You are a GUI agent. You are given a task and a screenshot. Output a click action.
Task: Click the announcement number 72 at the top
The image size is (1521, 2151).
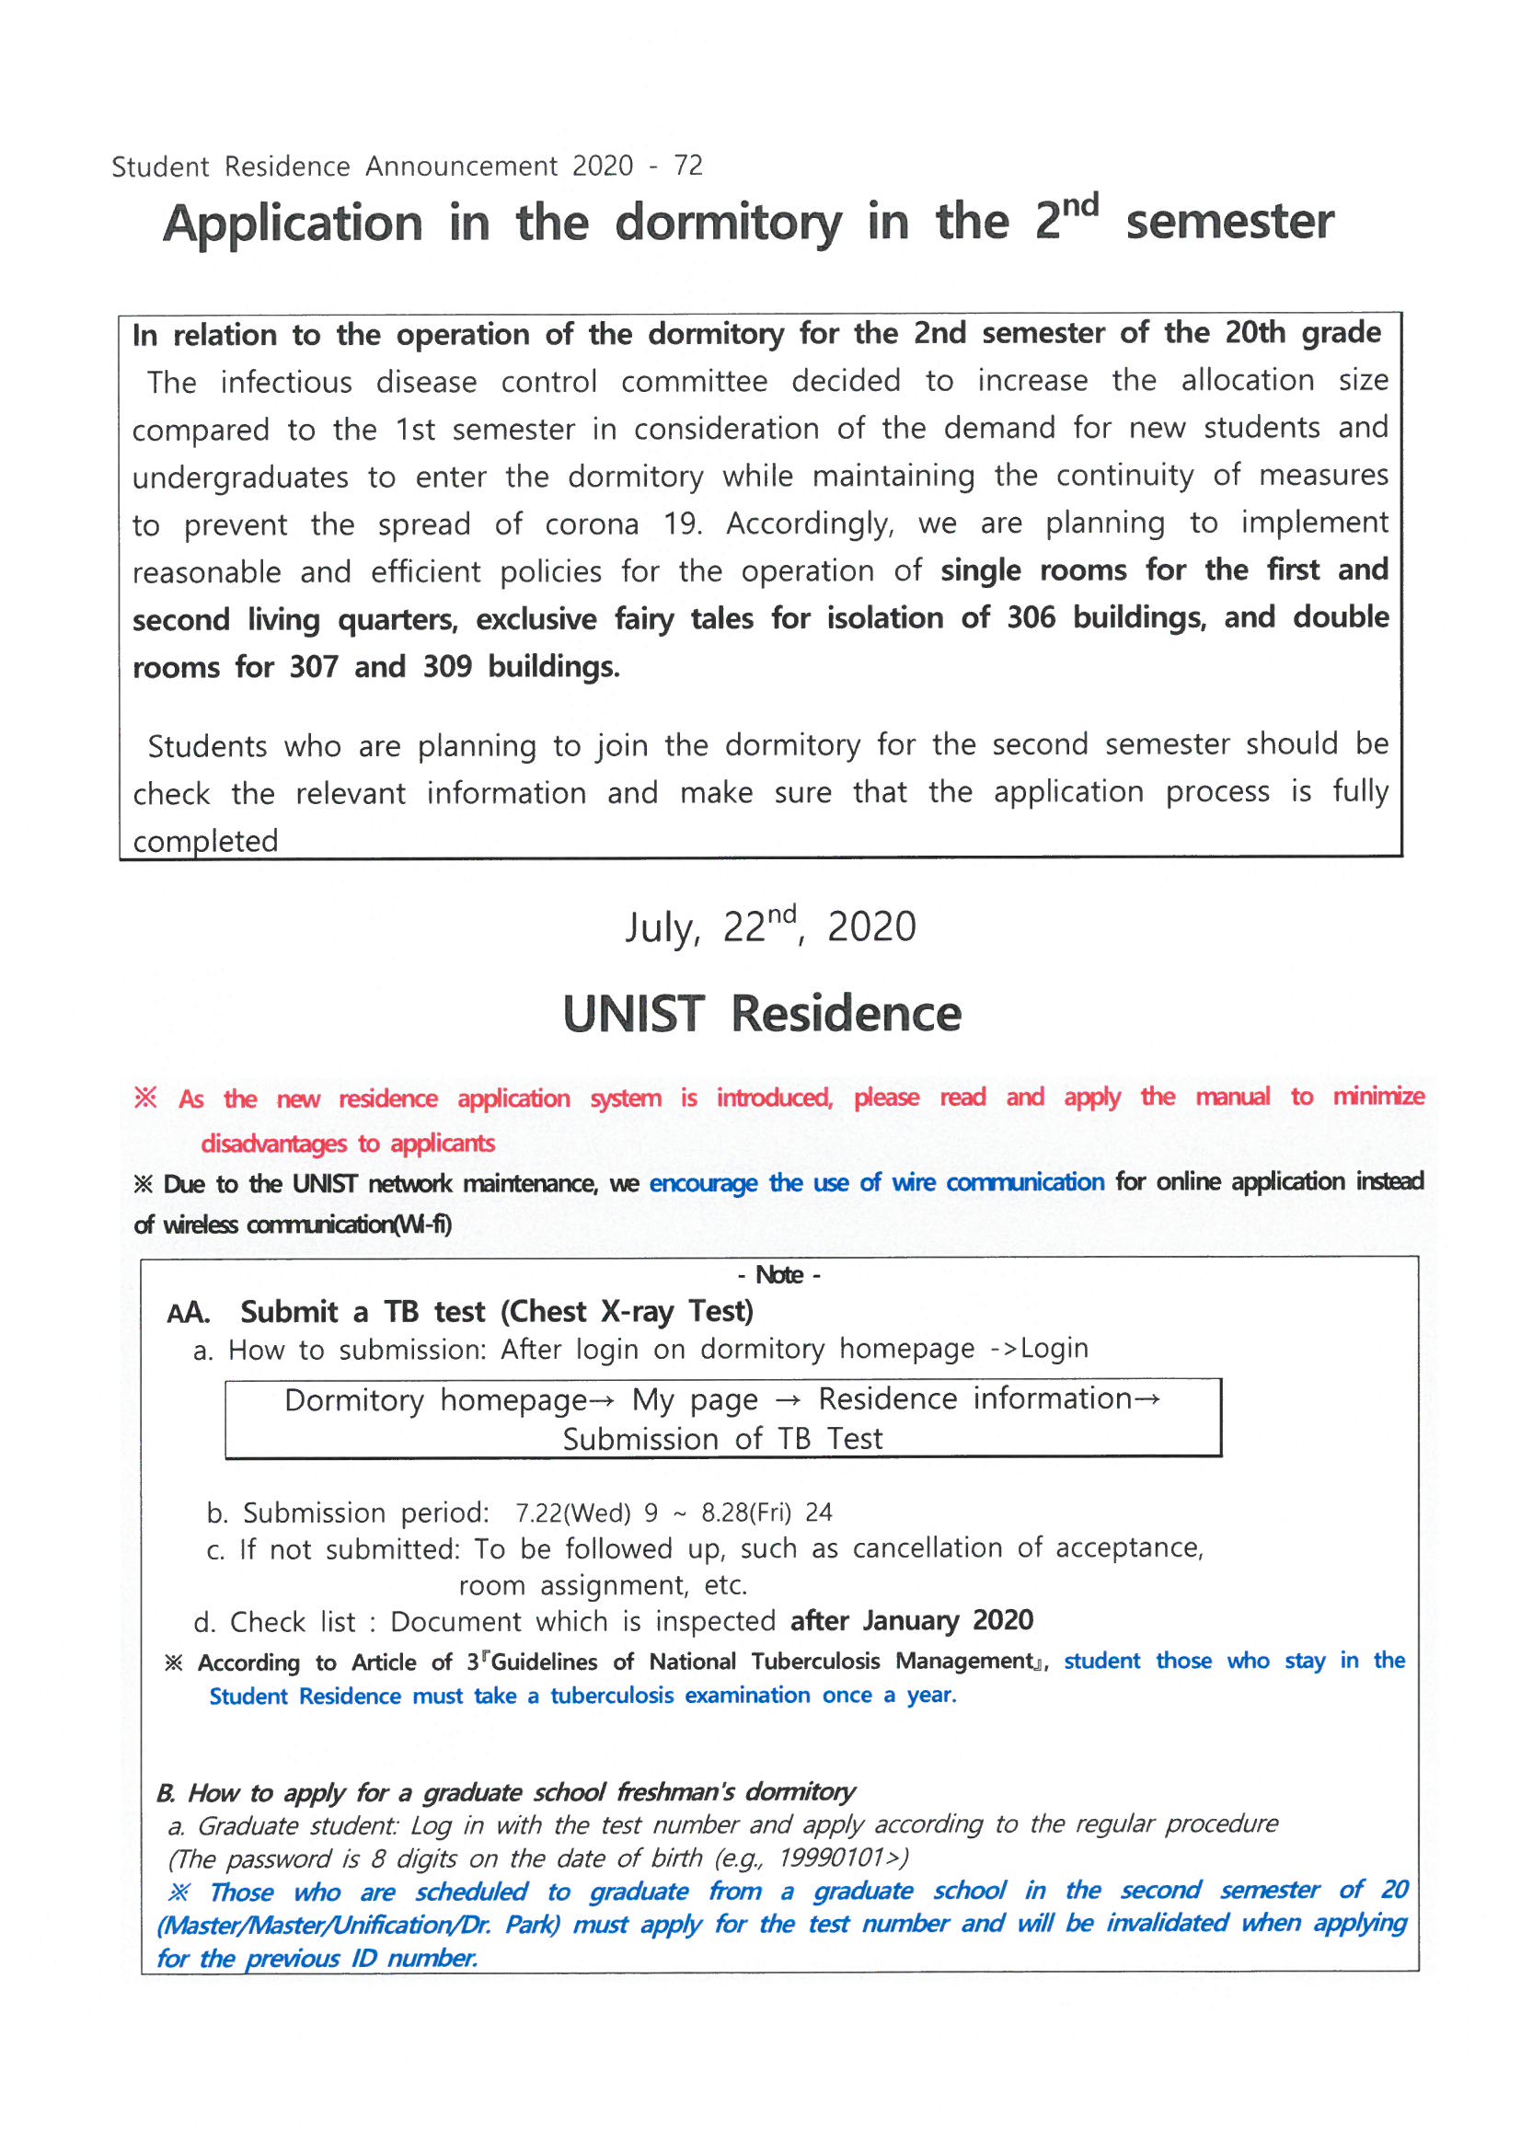(x=689, y=166)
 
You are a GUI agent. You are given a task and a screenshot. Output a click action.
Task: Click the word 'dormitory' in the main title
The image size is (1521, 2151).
(x=728, y=224)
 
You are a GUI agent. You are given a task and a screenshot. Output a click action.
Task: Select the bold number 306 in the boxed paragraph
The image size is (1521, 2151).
(x=1031, y=618)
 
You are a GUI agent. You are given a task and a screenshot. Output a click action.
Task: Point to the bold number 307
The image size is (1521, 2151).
(x=313, y=667)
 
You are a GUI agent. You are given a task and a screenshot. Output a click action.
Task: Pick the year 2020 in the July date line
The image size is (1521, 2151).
(x=870, y=927)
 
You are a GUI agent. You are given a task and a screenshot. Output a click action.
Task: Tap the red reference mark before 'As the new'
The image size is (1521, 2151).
(x=145, y=1097)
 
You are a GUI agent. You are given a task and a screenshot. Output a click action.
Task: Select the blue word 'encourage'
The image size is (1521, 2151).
(x=703, y=1183)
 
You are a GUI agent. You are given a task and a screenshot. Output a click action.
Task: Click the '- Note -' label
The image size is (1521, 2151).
(x=778, y=1275)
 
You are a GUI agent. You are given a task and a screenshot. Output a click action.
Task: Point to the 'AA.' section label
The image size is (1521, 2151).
(x=189, y=1313)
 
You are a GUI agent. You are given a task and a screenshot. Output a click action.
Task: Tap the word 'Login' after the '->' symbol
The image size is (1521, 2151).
(x=1054, y=1348)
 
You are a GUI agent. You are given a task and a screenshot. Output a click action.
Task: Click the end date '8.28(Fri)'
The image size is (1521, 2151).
(x=746, y=1513)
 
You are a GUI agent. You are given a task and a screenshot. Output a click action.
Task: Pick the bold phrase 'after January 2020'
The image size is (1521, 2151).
(x=911, y=1620)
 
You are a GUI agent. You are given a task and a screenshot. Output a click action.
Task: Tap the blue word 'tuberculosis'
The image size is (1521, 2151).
(x=611, y=1695)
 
